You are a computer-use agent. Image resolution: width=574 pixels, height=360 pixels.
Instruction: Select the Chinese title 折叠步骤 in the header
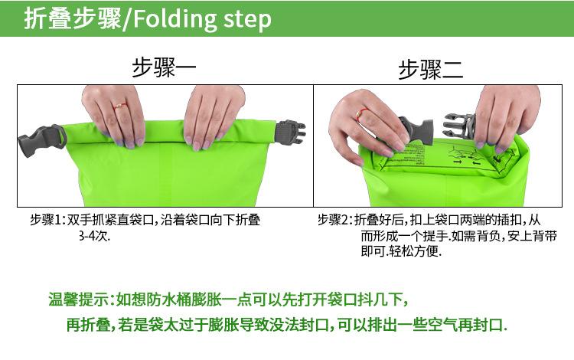tap(72, 19)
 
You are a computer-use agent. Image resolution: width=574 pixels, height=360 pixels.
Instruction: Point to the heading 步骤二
tap(430, 70)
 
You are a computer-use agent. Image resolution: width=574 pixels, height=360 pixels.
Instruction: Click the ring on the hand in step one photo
tap(119, 105)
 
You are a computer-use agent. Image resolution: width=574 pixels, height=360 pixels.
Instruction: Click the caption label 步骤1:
tap(48, 220)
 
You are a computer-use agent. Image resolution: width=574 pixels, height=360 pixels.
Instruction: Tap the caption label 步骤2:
tap(335, 220)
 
